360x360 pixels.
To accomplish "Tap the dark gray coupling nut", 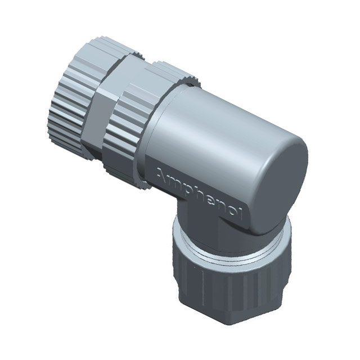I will (x=225, y=287).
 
